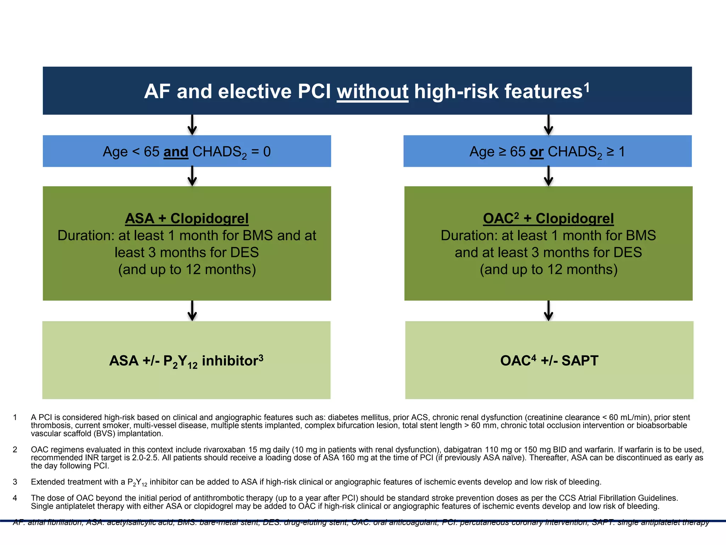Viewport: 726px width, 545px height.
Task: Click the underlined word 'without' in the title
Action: coord(372,92)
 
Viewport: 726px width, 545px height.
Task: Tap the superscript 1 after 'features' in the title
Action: coord(587,87)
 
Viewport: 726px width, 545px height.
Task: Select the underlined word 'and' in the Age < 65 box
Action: coord(176,152)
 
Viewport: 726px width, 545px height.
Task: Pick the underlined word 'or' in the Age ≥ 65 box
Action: coord(536,152)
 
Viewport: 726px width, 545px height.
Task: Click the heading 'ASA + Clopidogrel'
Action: coord(187,219)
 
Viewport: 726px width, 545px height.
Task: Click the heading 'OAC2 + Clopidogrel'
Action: coord(548,219)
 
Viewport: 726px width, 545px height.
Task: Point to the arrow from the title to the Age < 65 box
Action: coord(192,125)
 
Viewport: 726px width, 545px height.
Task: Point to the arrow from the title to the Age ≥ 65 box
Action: coord(548,125)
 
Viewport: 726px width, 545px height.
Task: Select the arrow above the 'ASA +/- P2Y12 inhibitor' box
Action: coord(192,311)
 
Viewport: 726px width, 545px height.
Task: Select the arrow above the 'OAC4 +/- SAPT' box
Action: coord(548,311)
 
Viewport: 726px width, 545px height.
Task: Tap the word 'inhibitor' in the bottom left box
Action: coord(230,361)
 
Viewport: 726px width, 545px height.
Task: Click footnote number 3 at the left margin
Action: coord(15,482)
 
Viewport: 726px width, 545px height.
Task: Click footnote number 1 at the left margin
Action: coord(15,417)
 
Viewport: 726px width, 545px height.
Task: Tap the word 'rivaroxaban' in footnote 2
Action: coord(224,450)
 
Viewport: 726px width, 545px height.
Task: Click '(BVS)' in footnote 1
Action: coord(105,434)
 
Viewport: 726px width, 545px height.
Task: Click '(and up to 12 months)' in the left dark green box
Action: coord(187,270)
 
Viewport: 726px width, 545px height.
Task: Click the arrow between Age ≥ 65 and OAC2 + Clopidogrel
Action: coord(548,176)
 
